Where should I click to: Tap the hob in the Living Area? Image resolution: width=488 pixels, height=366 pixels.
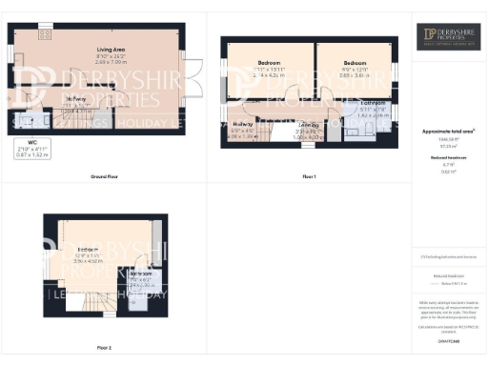pyautogui.click(x=45, y=33)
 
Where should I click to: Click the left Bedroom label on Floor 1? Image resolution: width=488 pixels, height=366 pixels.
pyautogui.click(x=270, y=64)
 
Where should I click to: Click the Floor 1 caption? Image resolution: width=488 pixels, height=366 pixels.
pyautogui.click(x=309, y=178)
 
